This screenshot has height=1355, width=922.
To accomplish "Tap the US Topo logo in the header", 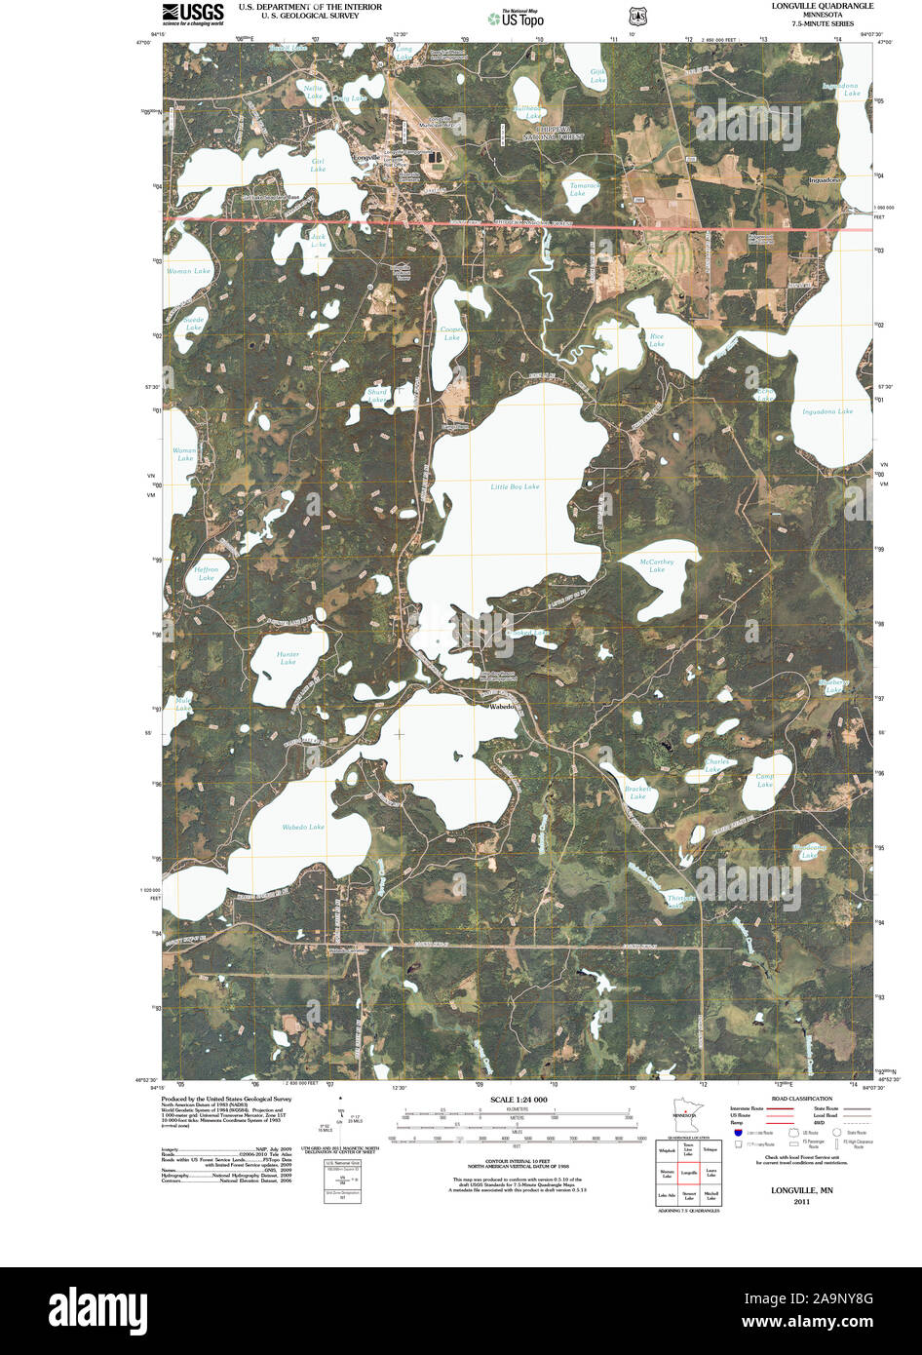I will point(517,18).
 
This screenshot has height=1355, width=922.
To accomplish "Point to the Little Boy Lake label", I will point(515,485).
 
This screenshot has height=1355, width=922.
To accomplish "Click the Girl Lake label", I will point(318,165).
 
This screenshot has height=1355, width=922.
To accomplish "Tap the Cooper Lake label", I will point(451,333).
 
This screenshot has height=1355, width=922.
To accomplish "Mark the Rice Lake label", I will point(657,340).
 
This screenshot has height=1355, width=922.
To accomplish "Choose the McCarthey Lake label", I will point(657,565).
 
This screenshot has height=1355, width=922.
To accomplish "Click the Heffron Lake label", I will point(207,573).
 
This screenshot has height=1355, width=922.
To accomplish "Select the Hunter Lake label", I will point(288,658).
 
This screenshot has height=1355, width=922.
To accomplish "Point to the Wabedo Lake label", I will point(303,827).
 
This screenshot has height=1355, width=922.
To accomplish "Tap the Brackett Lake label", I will point(637,793).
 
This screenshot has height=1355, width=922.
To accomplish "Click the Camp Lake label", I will point(765,780).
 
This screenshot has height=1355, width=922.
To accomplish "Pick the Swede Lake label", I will point(193,324).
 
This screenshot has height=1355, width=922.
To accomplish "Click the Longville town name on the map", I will point(367,157).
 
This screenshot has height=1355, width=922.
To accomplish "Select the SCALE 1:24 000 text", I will point(519,1100).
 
